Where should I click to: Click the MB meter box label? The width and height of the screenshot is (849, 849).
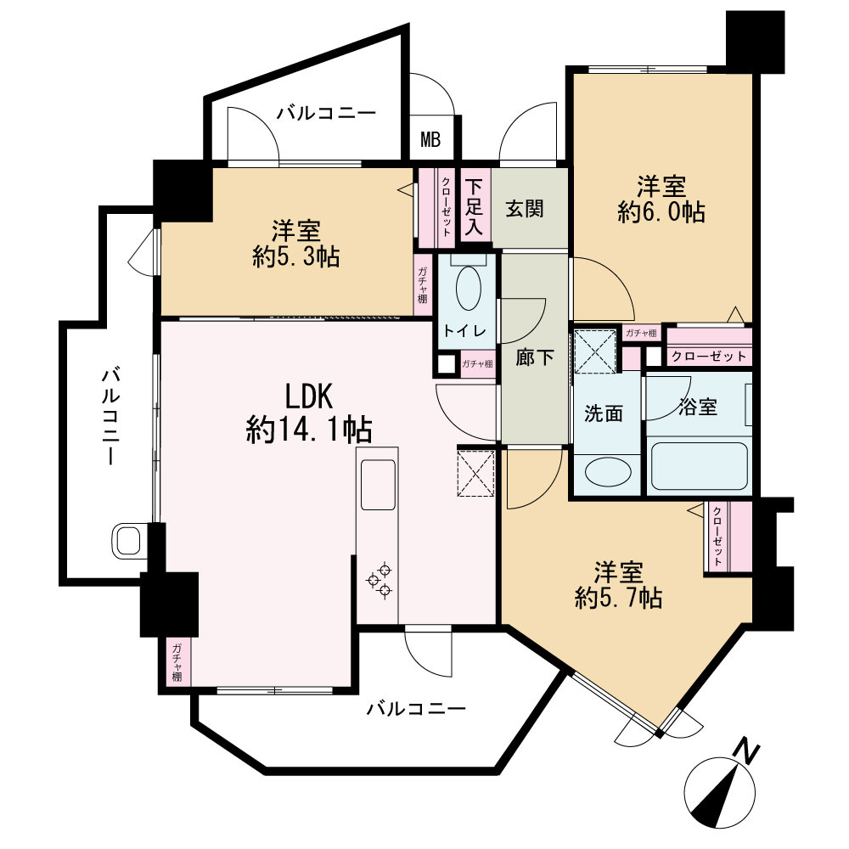(x=431, y=140)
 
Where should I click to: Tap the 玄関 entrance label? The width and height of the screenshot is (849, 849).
(x=525, y=209)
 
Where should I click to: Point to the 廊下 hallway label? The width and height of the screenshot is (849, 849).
(x=534, y=357)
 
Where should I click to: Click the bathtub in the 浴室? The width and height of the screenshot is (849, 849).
(x=699, y=466)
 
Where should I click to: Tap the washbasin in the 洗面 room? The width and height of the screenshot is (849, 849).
(x=608, y=472)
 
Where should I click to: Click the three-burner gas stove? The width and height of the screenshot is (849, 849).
(x=379, y=579)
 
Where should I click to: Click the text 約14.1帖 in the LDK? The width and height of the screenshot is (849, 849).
(x=309, y=431)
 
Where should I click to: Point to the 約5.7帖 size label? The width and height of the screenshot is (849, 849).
(x=618, y=599)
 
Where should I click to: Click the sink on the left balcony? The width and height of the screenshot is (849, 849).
(x=128, y=541)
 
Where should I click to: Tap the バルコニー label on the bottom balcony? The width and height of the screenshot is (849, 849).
(x=416, y=709)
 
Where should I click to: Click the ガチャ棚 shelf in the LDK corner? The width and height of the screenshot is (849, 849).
(x=177, y=662)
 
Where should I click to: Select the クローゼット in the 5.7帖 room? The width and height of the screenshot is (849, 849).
(x=728, y=536)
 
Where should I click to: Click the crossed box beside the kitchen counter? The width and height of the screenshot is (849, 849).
(x=476, y=471)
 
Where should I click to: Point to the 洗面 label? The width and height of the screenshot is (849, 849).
(x=603, y=413)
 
